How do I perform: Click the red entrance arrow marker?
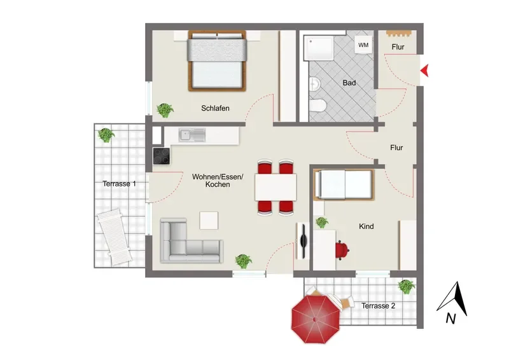tap(425, 71)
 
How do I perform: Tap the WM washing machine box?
tap(363, 45)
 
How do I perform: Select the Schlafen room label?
tap(215, 108)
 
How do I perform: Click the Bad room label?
tap(349, 83)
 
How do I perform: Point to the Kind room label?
tap(366, 226)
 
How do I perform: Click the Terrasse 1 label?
tap(119, 184)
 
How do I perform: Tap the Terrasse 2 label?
tap(378, 306)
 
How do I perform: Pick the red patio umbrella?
tap(315, 319)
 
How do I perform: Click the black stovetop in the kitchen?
tap(162, 156)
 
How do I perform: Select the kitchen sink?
tap(192, 135)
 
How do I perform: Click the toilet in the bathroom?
tap(317, 106)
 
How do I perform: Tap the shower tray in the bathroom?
tap(319, 48)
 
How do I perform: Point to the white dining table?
tap(275, 187)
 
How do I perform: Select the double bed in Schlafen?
tap(217, 60)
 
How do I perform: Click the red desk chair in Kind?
tap(342, 250)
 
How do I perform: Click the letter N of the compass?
tap(451, 319)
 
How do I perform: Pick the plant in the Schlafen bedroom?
tap(165, 110)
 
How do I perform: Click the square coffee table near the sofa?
tap(209, 221)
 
